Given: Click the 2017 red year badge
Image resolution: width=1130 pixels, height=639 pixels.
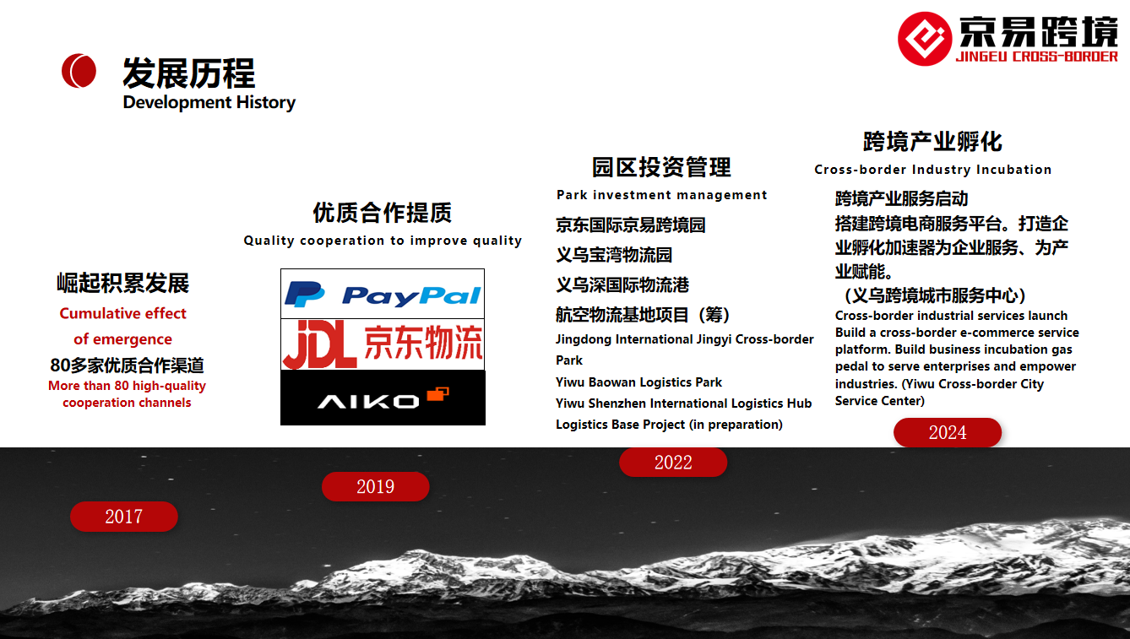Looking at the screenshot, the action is (x=124, y=517).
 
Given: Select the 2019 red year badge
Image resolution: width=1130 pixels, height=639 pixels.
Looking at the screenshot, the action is (x=375, y=487).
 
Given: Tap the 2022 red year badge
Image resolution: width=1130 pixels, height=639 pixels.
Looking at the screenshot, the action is (x=673, y=462).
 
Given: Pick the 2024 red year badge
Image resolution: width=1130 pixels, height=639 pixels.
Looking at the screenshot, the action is (x=948, y=432).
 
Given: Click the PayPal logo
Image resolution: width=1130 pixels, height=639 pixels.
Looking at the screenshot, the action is (x=383, y=294).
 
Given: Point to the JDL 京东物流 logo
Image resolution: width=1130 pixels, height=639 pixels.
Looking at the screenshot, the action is (x=383, y=344).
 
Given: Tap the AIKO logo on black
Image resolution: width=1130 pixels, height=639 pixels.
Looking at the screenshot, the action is (x=383, y=398).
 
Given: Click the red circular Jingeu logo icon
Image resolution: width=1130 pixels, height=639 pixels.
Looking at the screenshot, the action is (x=925, y=39).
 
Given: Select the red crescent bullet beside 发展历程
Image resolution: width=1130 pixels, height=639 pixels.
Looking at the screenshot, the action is (x=79, y=71).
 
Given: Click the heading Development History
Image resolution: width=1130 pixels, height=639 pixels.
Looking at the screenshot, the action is (x=209, y=102).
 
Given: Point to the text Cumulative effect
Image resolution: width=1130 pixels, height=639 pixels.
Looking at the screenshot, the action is (x=122, y=313).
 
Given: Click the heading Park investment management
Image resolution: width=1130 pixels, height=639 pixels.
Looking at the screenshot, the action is (x=661, y=195).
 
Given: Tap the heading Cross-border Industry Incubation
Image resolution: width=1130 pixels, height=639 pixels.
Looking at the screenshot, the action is (x=932, y=170).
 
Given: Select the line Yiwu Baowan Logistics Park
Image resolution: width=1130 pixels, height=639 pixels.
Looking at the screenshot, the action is (x=638, y=382).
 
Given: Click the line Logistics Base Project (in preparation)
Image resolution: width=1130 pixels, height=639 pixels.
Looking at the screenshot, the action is (x=669, y=425).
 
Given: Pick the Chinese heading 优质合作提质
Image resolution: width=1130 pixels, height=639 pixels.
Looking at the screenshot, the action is (x=383, y=213).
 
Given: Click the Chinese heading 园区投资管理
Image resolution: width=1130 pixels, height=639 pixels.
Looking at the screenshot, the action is (x=661, y=167).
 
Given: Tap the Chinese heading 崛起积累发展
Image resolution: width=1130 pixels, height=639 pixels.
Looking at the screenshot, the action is (x=123, y=283).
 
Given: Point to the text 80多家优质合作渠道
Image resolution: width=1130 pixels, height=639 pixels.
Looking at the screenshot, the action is (x=127, y=365).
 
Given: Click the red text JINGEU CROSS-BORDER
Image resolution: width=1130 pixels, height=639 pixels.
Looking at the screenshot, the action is (x=1036, y=57).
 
